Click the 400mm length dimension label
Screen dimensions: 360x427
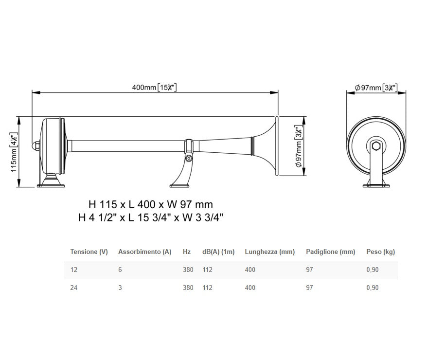click(x=154, y=87)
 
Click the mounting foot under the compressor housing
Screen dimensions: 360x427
click(x=51, y=183)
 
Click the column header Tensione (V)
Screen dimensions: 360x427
click(x=89, y=252)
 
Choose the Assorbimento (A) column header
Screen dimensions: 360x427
click(x=144, y=252)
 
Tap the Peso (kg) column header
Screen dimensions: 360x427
click(x=380, y=252)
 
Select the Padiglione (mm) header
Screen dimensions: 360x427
click(x=330, y=252)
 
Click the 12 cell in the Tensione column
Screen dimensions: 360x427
click(x=74, y=270)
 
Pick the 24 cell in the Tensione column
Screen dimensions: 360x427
click(x=74, y=288)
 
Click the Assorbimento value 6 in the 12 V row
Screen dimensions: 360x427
click(x=120, y=270)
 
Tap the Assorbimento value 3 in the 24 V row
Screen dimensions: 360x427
click(x=120, y=288)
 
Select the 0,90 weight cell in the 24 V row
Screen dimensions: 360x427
click(x=372, y=288)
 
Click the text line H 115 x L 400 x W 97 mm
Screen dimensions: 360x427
click(x=150, y=205)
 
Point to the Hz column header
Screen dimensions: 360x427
click(x=187, y=252)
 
